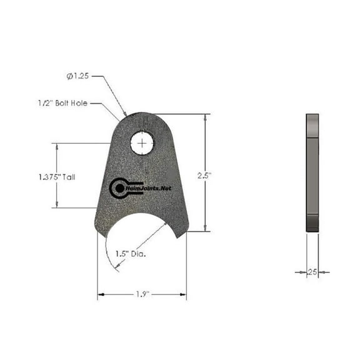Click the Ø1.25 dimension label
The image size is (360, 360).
point(78,77)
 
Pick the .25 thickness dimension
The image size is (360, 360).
point(312,272)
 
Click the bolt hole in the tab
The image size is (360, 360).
point(142,143)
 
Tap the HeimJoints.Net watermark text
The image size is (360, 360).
point(148,187)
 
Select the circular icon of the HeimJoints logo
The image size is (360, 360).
point(117,187)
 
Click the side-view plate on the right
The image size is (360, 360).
point(312,173)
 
